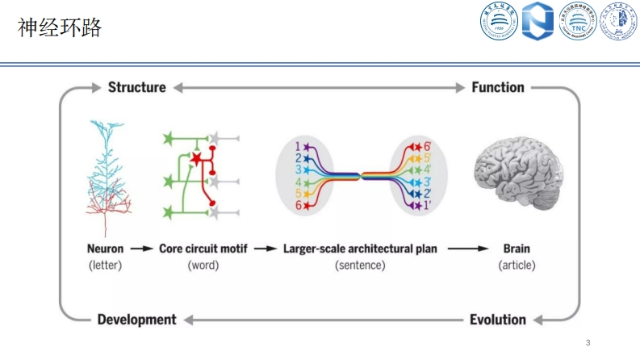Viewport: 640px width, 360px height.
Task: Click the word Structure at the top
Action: (x=136, y=87)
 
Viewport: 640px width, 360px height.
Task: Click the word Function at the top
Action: (x=498, y=87)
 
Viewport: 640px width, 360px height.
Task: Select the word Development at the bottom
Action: (x=136, y=320)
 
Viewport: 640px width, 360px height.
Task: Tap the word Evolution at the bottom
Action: (x=498, y=320)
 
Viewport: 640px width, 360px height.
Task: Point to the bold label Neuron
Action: (x=105, y=249)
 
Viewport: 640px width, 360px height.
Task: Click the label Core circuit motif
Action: (x=203, y=249)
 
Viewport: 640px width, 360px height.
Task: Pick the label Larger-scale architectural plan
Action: (x=360, y=249)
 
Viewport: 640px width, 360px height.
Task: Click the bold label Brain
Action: (x=517, y=249)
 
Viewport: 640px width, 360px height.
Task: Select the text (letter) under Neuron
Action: (x=105, y=265)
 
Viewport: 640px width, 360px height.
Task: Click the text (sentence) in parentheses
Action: (x=360, y=265)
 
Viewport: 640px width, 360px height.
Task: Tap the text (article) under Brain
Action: (x=517, y=265)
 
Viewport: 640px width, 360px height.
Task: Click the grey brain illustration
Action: (x=517, y=172)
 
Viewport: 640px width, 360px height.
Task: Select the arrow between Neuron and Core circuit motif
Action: (x=141, y=249)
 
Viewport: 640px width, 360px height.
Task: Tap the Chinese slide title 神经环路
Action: (x=60, y=28)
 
